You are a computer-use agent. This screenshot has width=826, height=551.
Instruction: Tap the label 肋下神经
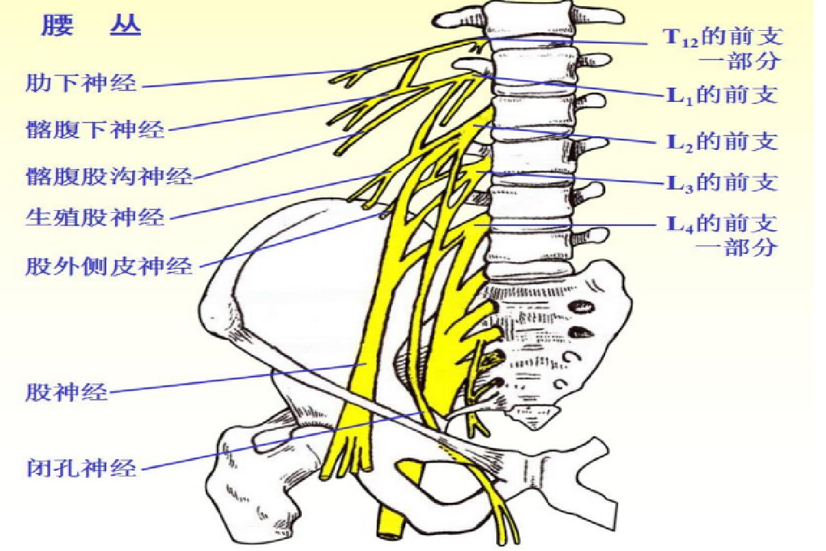click(x=81, y=84)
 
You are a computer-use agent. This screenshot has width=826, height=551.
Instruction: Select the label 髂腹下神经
click(x=95, y=129)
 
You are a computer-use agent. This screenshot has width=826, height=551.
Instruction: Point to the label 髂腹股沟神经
click(x=109, y=177)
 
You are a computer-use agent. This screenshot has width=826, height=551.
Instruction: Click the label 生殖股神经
click(x=95, y=218)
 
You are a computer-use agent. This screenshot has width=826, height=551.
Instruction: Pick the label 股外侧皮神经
click(x=109, y=265)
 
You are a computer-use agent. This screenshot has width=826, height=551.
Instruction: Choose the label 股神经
click(x=67, y=393)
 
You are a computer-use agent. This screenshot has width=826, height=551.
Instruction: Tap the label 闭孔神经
click(x=81, y=469)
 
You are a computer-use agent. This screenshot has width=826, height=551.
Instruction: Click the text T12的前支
click(x=723, y=36)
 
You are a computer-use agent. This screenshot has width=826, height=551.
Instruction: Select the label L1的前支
click(x=723, y=94)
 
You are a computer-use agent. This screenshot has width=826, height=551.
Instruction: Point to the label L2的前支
click(x=723, y=142)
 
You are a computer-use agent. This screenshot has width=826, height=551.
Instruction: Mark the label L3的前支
click(x=723, y=183)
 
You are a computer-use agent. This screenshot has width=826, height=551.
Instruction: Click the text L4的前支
click(x=723, y=224)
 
